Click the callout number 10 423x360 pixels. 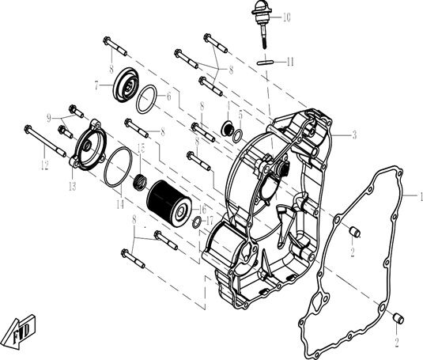tap(286, 17)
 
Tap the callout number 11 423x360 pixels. tap(291, 61)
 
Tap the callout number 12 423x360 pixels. tap(44, 165)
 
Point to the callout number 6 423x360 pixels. tap(168, 95)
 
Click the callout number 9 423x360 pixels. tap(47, 117)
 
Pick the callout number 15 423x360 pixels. tap(140, 148)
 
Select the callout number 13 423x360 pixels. tap(72, 186)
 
